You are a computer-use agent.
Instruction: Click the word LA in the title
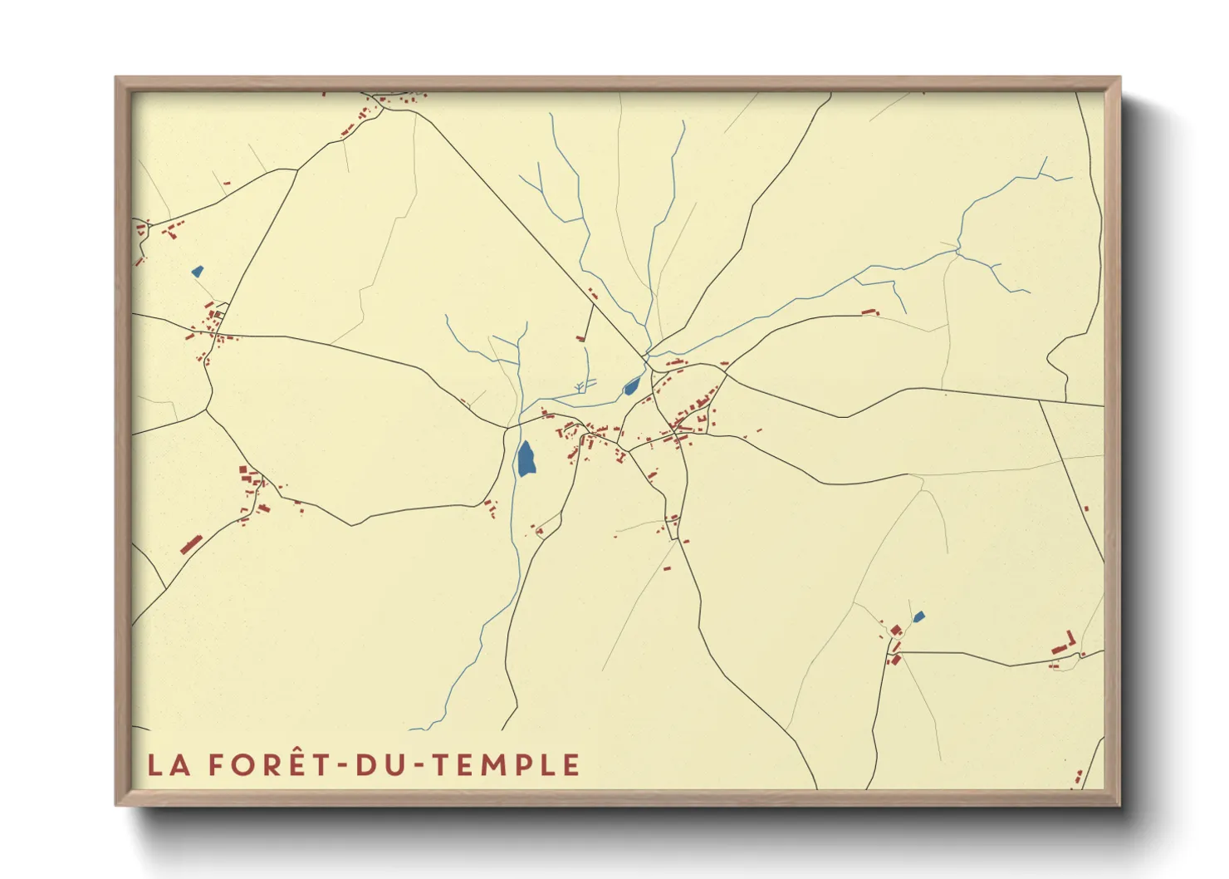point(168,765)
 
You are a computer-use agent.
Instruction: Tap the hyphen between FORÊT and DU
point(340,766)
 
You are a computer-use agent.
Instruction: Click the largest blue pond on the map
point(526,459)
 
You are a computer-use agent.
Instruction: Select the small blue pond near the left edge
point(197,271)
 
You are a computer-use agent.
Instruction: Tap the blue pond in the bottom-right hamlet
point(918,616)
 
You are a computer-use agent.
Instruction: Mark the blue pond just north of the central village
point(632,385)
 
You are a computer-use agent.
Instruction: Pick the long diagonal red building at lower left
point(192,545)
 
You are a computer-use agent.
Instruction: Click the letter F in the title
point(216,765)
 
